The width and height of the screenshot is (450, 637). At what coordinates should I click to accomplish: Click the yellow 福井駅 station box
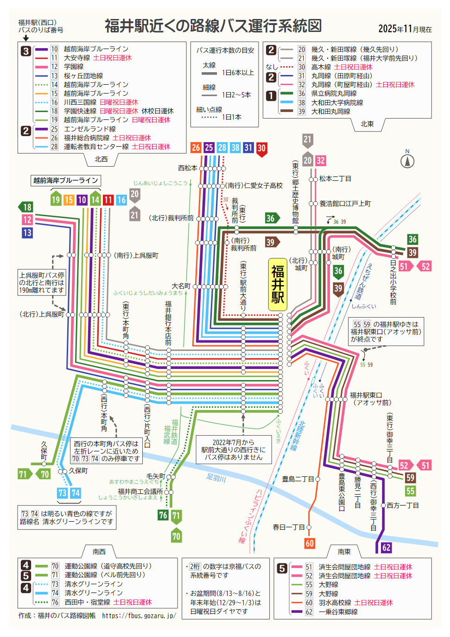[x=278, y=284]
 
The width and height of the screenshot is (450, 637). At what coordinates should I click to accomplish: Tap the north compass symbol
[x=407, y=161]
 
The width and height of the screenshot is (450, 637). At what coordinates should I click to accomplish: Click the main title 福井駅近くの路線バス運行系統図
[x=213, y=26]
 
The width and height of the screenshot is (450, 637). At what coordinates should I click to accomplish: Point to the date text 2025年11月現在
[x=405, y=29]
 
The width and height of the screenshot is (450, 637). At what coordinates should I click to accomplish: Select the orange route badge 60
[x=310, y=543]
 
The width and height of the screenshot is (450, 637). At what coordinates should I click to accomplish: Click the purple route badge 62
[x=386, y=548]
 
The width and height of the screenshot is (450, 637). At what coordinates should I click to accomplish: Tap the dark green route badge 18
[x=26, y=207]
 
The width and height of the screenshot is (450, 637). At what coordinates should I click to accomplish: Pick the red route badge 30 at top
[x=262, y=149]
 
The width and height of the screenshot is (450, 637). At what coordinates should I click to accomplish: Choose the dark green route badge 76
[x=163, y=515]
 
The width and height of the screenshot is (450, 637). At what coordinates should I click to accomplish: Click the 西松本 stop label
[x=188, y=168]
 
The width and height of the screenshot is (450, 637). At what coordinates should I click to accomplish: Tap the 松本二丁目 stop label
[x=335, y=179]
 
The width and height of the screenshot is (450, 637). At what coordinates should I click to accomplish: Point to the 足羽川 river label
[x=216, y=478]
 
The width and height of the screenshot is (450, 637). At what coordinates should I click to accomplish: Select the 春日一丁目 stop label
[x=289, y=527]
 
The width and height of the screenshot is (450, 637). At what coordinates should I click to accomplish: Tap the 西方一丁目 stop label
[x=402, y=506]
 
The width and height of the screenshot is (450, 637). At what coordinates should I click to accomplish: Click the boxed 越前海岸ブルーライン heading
[x=65, y=181]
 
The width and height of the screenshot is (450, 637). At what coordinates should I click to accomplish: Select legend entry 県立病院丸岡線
[x=334, y=94]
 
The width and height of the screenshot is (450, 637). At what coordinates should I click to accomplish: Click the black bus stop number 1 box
[x=271, y=96]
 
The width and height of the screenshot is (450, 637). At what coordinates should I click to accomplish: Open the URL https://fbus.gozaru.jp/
[x=139, y=616]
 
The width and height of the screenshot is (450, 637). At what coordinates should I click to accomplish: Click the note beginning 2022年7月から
[x=233, y=450]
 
